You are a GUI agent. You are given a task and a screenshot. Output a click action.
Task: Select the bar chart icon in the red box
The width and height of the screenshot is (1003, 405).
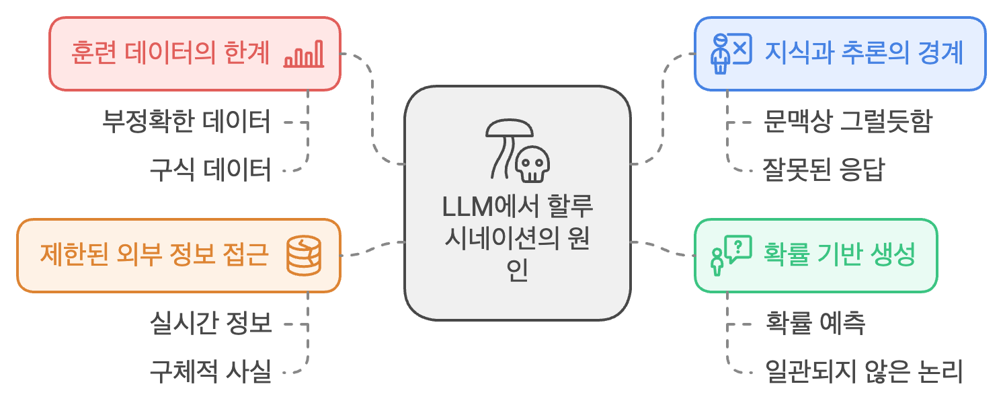304,54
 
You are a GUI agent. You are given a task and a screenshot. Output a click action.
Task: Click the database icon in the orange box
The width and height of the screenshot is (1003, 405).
304,256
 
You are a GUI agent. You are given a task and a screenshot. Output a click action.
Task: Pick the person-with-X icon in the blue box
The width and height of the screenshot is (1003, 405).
730,53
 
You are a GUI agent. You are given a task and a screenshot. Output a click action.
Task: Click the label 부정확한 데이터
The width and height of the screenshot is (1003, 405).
187,122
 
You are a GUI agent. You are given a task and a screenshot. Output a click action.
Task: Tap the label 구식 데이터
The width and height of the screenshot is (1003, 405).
210,170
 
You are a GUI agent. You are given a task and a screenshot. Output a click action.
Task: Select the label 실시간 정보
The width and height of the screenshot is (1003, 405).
210,324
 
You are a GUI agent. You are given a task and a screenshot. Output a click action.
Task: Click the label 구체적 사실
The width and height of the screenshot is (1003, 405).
210,371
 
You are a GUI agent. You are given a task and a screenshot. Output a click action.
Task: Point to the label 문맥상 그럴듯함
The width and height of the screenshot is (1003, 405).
847,122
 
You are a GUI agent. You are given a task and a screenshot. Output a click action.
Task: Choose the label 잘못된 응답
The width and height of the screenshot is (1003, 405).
823,170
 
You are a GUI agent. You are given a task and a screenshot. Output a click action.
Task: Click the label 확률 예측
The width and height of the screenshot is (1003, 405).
815,324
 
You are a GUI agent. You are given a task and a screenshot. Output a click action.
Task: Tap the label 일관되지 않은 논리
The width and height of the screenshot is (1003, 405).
865,371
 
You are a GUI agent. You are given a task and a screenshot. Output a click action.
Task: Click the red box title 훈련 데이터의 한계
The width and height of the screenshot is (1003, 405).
170,53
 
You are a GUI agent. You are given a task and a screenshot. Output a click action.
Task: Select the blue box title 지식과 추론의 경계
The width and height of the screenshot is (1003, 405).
864,53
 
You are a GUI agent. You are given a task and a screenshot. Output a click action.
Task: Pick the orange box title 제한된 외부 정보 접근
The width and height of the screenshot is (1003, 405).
155,256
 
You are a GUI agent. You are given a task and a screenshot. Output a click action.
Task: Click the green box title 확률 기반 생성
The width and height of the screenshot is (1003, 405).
840,256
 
